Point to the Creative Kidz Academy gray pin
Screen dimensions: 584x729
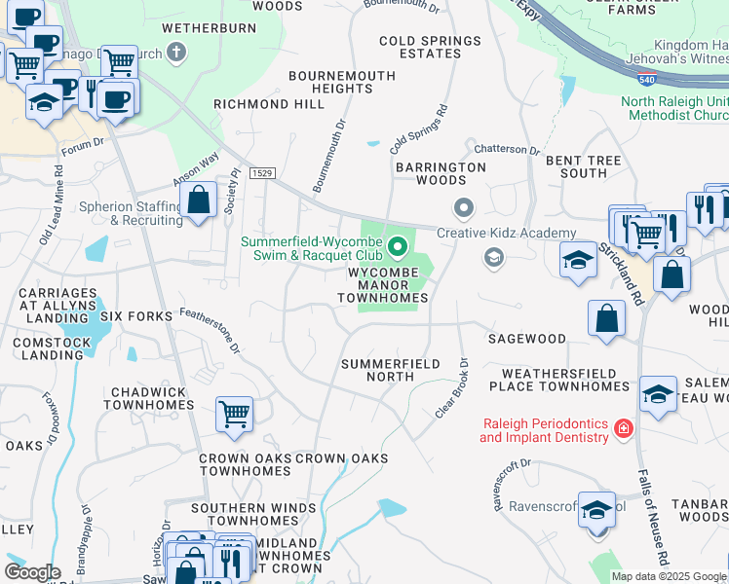463,208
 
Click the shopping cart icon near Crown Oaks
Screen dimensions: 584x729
235,415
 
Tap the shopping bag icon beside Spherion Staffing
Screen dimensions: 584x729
199,201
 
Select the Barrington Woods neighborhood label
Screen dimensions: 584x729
441,173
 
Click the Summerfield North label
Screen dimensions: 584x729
390,370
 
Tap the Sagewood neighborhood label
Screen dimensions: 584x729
527,339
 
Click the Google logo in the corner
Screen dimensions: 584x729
34,572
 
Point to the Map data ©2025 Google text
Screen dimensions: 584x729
669,576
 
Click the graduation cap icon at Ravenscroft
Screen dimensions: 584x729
595,509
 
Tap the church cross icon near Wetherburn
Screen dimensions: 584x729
176,53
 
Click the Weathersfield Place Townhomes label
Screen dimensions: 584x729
565,380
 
